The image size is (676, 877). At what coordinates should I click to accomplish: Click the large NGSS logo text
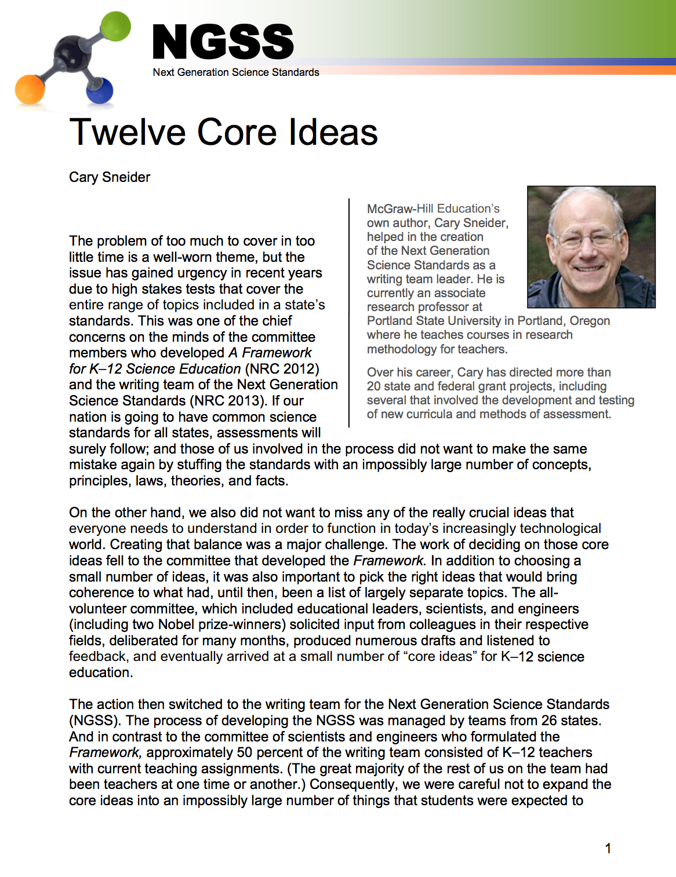[223, 42]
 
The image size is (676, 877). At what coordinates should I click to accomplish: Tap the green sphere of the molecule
[116, 26]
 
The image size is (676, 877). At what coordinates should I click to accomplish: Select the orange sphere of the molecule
[30, 89]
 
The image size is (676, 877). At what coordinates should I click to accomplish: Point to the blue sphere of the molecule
[100, 91]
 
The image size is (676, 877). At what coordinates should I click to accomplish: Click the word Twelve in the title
[129, 132]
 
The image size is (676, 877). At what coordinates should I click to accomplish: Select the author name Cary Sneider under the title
[110, 177]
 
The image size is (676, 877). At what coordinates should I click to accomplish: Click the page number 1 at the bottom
[608, 849]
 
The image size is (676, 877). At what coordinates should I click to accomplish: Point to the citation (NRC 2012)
[282, 369]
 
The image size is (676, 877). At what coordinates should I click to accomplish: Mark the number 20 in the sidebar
[374, 386]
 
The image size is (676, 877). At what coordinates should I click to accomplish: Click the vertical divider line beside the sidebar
[349, 313]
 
